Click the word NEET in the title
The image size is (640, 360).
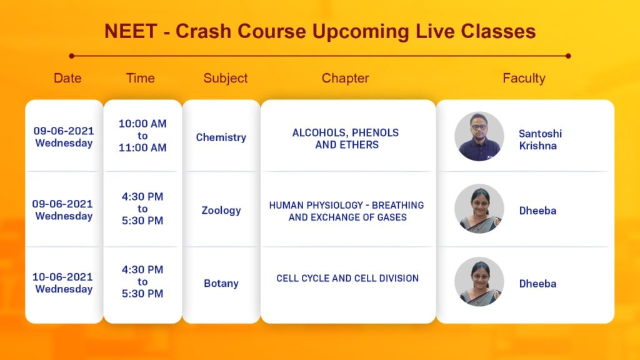point(131,31)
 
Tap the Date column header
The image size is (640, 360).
point(67,78)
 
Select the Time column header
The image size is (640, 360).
point(141,78)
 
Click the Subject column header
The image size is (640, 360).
point(225,78)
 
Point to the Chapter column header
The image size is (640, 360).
point(345,78)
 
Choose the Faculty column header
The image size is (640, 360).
point(524,78)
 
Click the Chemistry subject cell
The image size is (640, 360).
point(221,137)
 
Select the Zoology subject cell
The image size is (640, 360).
point(221,210)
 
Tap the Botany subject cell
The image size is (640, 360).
point(221,283)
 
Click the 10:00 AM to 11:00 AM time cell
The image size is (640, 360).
point(142,136)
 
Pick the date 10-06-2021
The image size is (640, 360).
point(63,277)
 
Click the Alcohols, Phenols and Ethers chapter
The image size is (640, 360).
point(346,138)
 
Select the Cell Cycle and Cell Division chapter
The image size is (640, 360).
point(347,278)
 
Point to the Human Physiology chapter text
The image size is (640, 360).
point(346,211)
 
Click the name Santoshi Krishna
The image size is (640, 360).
point(540,139)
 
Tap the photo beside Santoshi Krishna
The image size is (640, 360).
point(479,136)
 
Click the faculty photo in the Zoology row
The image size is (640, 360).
point(479,209)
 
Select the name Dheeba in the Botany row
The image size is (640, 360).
point(537,284)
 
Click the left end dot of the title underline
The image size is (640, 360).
point(72,56)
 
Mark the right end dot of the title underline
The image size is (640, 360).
point(568,56)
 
